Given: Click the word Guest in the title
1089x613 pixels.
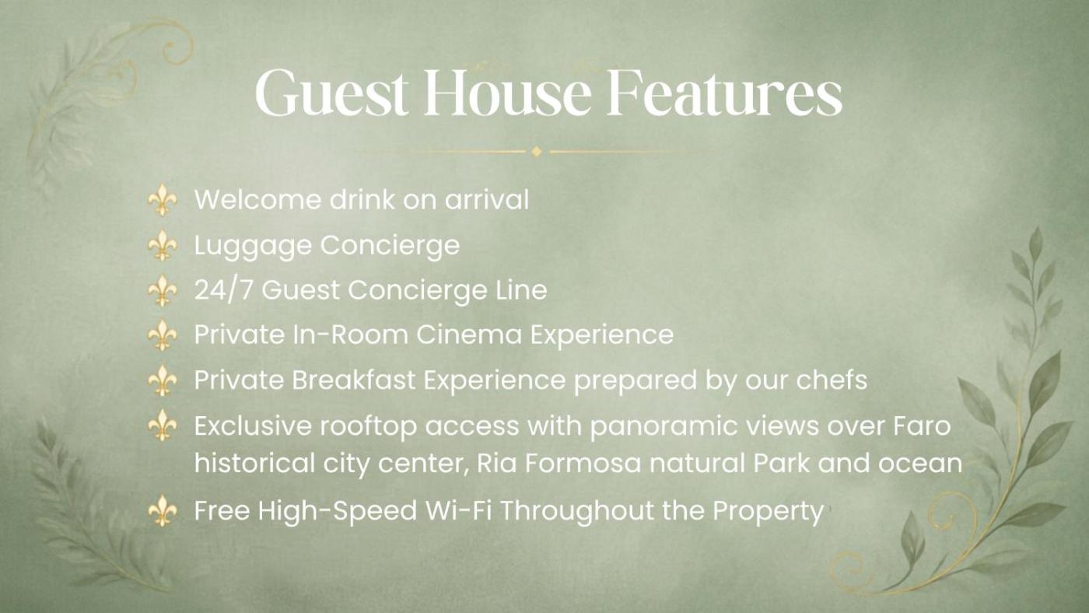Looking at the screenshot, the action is click(x=331, y=93).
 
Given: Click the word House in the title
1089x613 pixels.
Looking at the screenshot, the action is click(x=507, y=93).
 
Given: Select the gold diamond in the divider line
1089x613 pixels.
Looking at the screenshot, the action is click(x=537, y=152).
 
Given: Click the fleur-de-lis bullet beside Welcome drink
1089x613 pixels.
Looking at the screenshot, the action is click(x=163, y=200).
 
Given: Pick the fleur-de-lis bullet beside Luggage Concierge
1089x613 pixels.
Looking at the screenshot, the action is click(x=163, y=245).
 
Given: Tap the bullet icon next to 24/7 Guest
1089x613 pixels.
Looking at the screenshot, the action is click(x=163, y=290).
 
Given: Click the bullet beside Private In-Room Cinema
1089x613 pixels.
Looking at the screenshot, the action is click(x=163, y=335).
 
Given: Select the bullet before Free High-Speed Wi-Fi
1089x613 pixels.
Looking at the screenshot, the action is click(x=163, y=511).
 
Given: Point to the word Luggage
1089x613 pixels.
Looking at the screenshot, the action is click(x=253, y=246).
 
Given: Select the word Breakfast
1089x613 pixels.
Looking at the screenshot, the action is click(x=353, y=380).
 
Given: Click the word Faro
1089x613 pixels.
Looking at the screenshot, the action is click(x=922, y=426).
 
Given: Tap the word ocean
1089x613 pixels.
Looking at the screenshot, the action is click(x=919, y=464).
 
